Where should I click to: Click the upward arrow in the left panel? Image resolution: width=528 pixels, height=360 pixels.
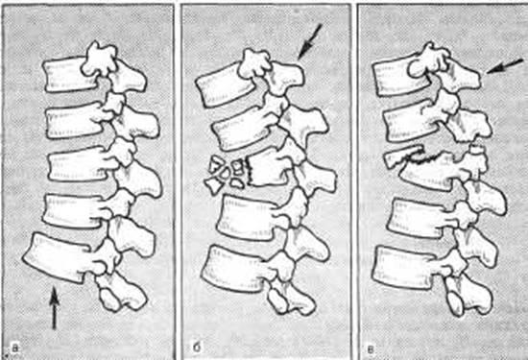pos(54,307)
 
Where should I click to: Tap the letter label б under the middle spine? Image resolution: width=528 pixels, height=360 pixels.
pos(196,347)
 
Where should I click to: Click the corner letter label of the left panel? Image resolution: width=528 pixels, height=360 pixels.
pos(15,348)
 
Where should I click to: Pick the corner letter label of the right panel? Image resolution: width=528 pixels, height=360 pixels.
pos(371,348)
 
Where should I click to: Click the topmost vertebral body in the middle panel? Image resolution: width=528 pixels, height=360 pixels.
pos(225,87)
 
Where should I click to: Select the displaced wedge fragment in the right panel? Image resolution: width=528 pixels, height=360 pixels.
pos(403,155)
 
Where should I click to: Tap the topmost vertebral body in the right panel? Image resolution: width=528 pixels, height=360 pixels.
pos(400,78)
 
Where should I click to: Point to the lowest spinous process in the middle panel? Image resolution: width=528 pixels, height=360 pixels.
pos(291,297)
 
